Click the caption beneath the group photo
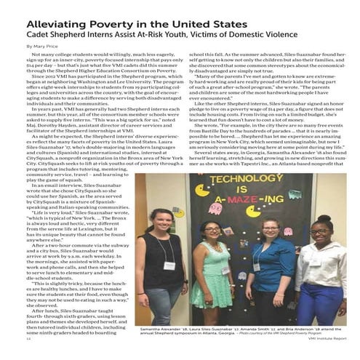pos(240,330)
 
